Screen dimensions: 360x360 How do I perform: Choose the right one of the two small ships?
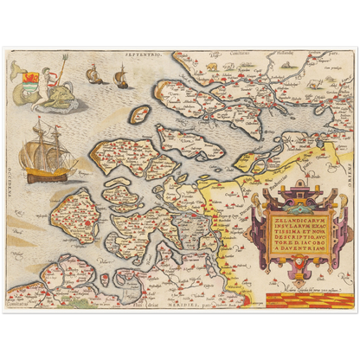[120, 79]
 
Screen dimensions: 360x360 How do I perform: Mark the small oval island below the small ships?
[138, 113]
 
